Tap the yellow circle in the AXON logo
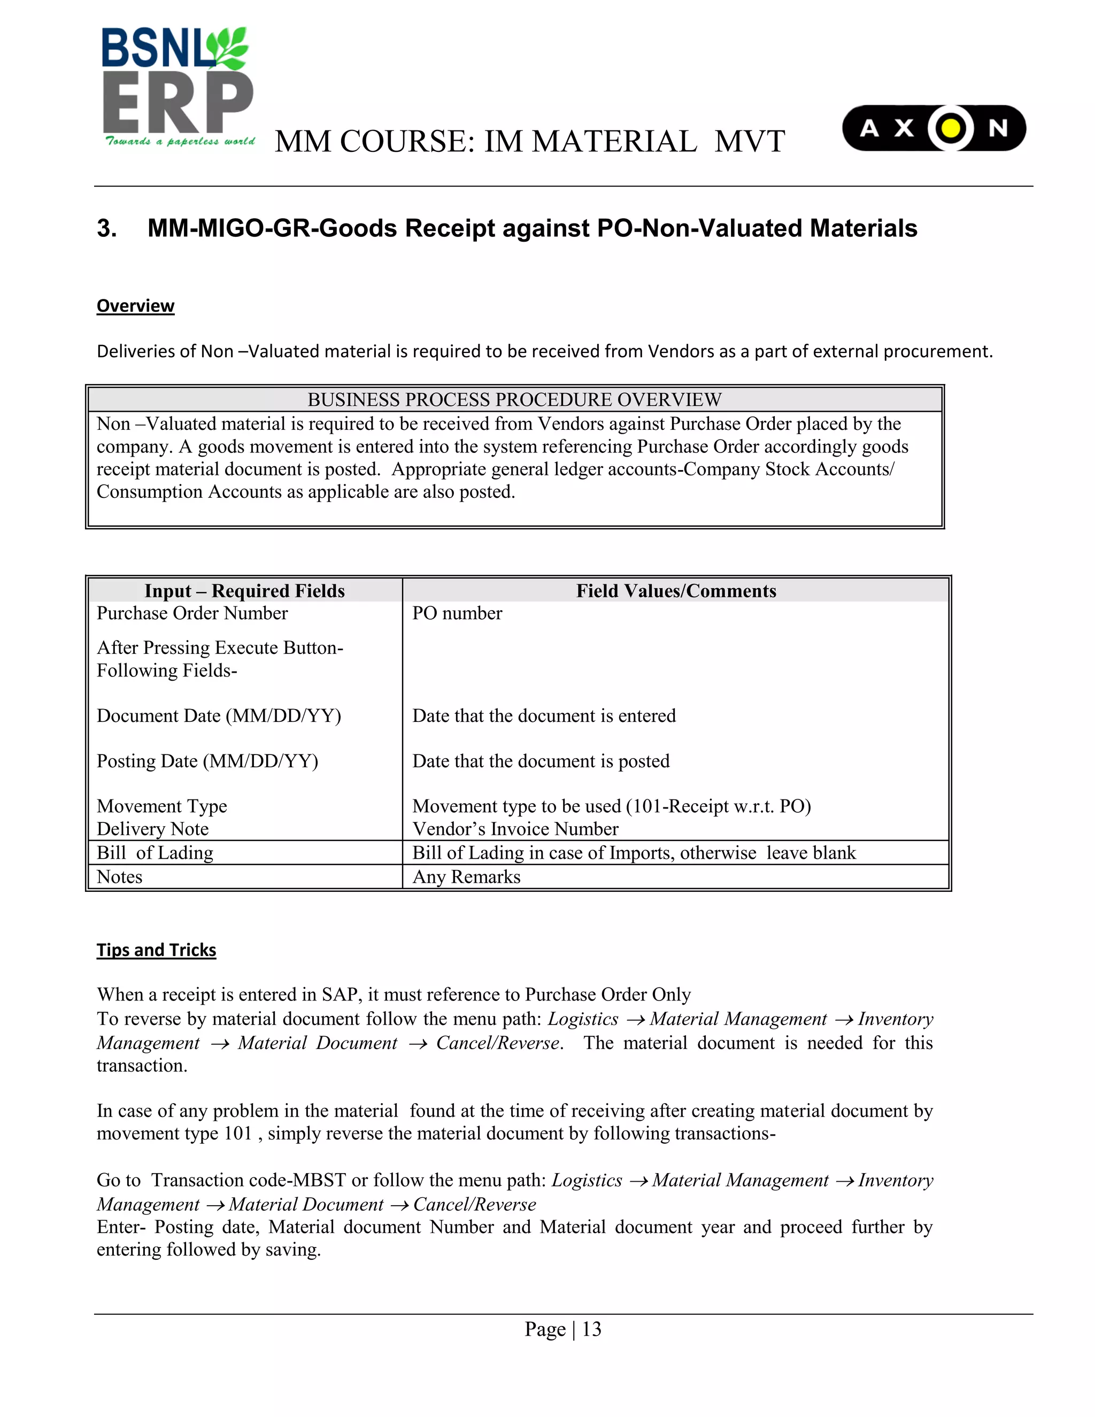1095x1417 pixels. [x=950, y=128]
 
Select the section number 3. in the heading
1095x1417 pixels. [x=107, y=228]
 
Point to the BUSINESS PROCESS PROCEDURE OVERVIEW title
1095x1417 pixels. [x=514, y=399]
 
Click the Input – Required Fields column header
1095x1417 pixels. [x=244, y=590]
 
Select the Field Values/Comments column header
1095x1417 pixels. [x=676, y=590]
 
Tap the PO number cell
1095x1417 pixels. [x=457, y=613]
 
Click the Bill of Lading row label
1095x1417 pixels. [x=155, y=852]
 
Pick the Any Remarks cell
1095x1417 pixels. [x=466, y=876]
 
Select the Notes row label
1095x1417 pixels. [x=119, y=876]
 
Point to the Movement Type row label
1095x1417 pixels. [x=161, y=806]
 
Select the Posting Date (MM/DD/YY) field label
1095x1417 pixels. [x=207, y=760]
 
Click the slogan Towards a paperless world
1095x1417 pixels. [x=180, y=142]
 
